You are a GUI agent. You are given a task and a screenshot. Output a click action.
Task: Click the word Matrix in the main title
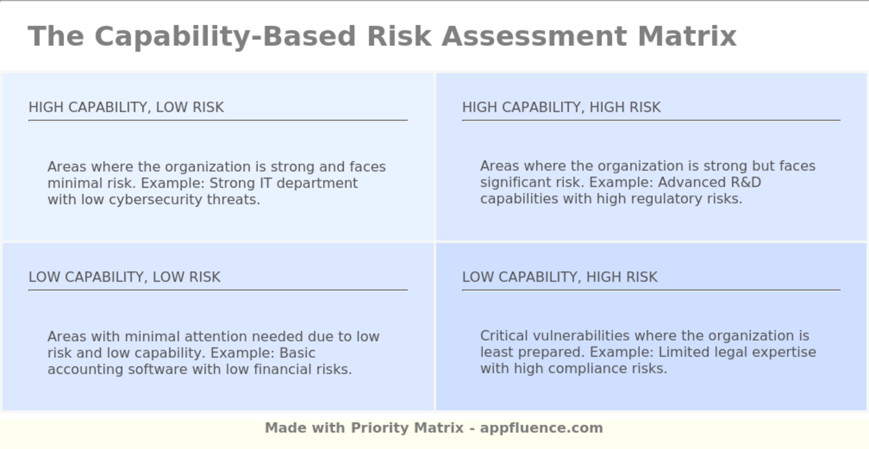pos(687,36)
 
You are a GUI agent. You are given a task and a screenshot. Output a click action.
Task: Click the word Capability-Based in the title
pos(225,37)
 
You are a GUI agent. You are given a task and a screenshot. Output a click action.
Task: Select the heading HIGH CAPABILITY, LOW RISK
pos(126,107)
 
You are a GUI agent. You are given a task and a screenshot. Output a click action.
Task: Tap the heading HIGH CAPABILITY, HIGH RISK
pos(561,107)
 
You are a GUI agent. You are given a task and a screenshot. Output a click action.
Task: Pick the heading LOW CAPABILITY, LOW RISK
pos(125,277)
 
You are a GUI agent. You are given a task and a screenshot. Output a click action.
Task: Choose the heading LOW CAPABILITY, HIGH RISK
pos(560,277)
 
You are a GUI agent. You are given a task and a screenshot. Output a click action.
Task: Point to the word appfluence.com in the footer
pos(541,428)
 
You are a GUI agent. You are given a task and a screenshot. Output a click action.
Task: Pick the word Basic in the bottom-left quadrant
pos(297,353)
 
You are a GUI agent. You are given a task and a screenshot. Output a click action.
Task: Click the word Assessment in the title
pos(534,36)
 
